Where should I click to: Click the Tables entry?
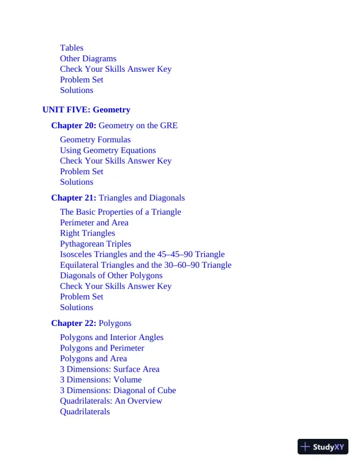(72, 48)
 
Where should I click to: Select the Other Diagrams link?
(88, 58)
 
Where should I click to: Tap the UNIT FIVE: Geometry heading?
(86, 109)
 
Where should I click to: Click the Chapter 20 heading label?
(74, 125)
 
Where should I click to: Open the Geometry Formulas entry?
(95, 139)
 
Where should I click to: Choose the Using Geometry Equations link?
(108, 150)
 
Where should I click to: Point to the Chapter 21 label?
(74, 198)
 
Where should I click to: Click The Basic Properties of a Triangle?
(121, 212)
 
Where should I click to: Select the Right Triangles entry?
(88, 233)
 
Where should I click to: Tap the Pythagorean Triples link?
(95, 244)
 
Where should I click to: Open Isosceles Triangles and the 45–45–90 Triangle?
(142, 254)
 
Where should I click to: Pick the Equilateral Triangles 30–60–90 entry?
(146, 265)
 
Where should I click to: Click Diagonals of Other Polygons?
(111, 275)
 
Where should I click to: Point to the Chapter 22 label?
(74, 323)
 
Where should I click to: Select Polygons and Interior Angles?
(112, 337)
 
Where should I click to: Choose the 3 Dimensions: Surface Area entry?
(109, 369)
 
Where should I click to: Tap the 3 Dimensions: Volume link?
(101, 380)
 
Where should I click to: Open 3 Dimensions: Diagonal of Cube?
(118, 390)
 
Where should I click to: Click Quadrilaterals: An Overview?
(111, 401)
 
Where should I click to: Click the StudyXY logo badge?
(323, 447)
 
